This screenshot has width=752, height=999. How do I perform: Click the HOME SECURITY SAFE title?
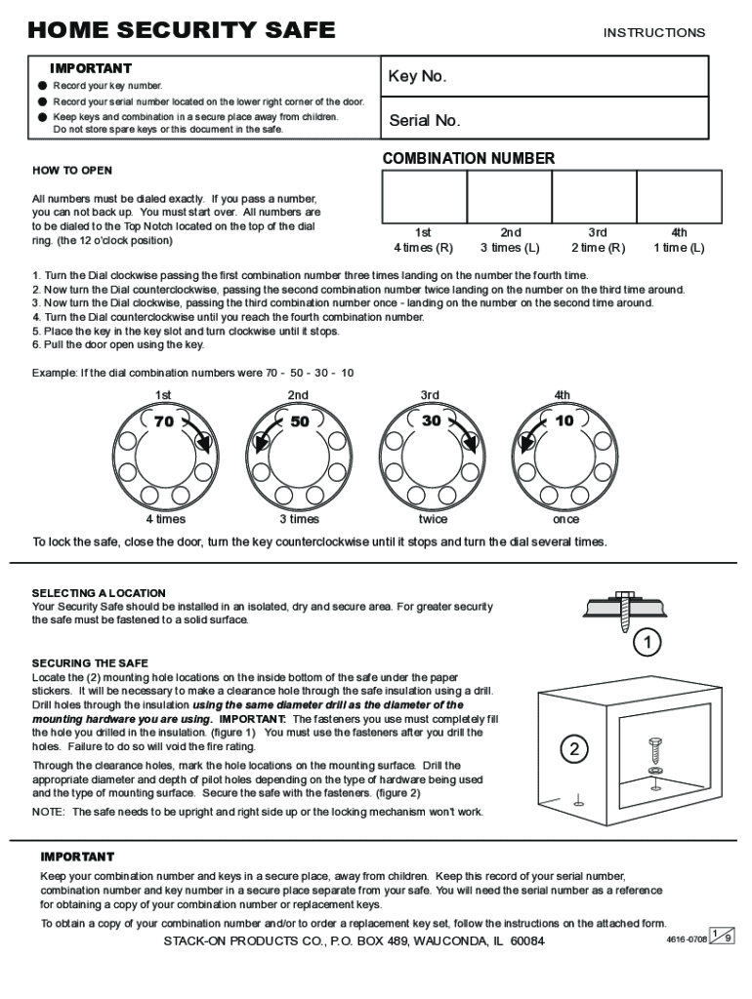point(182,30)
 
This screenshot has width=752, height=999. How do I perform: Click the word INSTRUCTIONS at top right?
point(653,33)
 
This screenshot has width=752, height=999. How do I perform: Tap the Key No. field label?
point(417,77)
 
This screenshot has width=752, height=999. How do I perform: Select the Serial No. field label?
point(425,121)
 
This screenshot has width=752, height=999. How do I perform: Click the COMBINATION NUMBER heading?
point(469,158)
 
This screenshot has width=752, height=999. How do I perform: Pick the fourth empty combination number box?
point(679,198)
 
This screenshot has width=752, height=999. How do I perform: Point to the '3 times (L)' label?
point(510,248)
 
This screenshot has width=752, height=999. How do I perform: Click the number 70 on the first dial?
point(163,421)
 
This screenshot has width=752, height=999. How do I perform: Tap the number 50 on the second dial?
point(299,421)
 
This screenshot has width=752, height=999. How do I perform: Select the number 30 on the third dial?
point(431,420)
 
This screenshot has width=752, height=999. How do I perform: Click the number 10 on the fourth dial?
point(564,420)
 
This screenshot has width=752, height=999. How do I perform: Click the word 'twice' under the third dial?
point(433,519)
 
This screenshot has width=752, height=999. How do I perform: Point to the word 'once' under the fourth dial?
point(565,519)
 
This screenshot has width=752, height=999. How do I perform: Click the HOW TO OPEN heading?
point(72,171)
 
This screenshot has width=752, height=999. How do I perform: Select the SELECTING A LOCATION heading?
point(99,593)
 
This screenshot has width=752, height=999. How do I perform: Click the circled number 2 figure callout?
point(574,749)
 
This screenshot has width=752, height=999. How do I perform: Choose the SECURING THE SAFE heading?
point(90,663)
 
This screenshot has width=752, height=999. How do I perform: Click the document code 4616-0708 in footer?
point(686,939)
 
